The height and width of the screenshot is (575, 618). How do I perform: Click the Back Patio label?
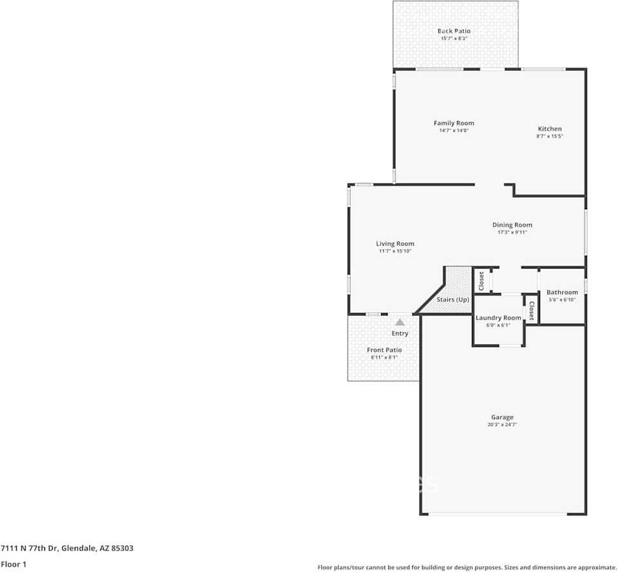coord(454,31)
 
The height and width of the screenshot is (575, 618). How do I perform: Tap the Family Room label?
coord(453,123)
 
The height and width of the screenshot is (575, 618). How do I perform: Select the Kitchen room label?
coord(550,129)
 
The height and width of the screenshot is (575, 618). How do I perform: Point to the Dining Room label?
coord(512,225)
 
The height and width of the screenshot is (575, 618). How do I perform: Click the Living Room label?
coord(395,243)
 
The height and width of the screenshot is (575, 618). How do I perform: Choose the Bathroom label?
coord(562,292)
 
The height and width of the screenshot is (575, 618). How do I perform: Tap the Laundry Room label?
coord(498,318)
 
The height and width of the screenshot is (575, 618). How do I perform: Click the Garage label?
coord(502,417)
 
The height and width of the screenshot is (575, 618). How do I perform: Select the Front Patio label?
coord(384,350)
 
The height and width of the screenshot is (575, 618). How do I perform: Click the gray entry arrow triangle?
coord(400,322)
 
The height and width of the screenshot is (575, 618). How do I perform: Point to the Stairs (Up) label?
coord(453,300)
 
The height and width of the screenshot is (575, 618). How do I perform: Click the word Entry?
coord(400,334)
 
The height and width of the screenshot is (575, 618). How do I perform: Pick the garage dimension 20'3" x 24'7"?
coord(502,425)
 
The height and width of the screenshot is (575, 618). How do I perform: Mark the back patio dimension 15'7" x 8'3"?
coord(454,39)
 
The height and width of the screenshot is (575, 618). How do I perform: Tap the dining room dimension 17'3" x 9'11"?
coord(512,232)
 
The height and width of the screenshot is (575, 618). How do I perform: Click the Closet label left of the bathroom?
coord(531,311)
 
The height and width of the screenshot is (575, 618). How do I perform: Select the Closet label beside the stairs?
coord(481,281)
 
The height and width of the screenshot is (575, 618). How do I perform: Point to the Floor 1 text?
coord(14,564)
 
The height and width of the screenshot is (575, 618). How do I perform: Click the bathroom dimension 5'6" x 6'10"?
coord(562,300)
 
